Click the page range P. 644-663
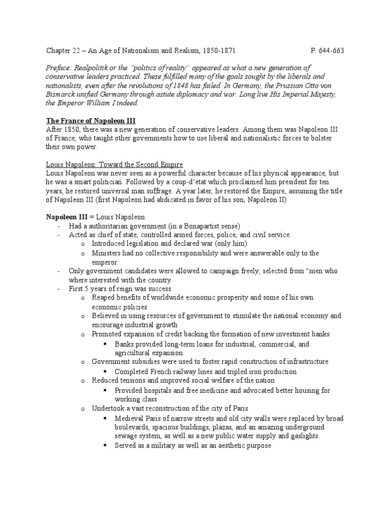tap(327, 51)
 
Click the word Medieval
tap(131, 418)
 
